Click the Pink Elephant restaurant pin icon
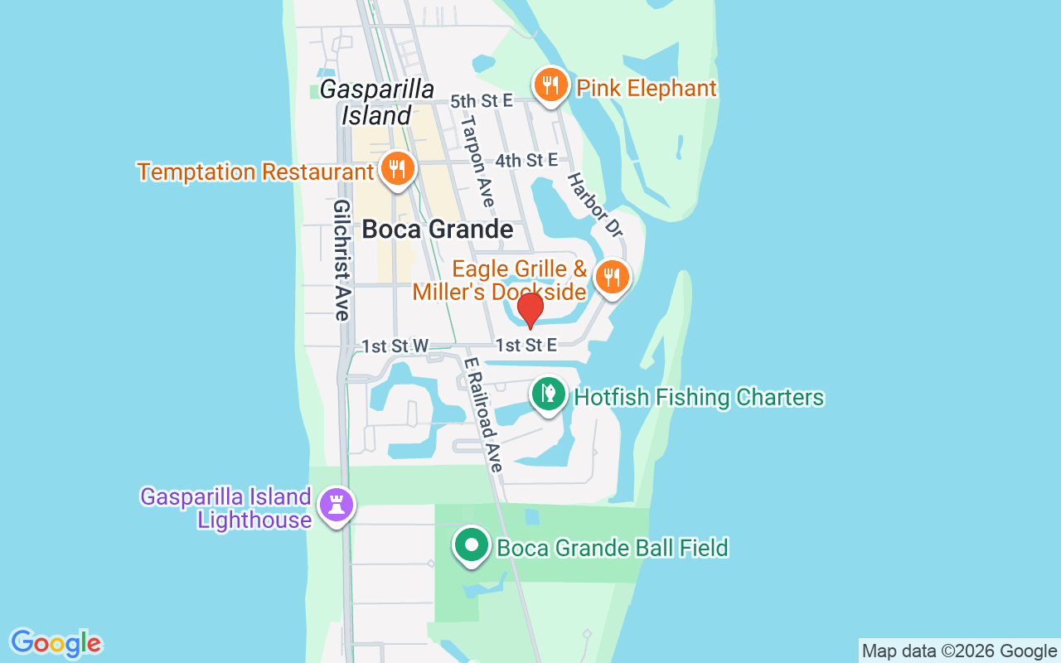[549, 85]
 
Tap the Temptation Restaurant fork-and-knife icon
[398, 169]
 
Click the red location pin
[530, 311]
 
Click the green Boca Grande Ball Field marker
[472, 546]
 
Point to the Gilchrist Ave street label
[341, 259]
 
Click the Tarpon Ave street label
[477, 161]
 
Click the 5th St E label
[482, 101]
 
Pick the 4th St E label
[526, 160]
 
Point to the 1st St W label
[395, 346]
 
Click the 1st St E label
[526, 345]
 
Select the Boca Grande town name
[438, 229]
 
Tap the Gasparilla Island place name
[377, 102]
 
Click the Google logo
[56, 643]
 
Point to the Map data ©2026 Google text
[959, 651]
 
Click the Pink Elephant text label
[646, 88]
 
